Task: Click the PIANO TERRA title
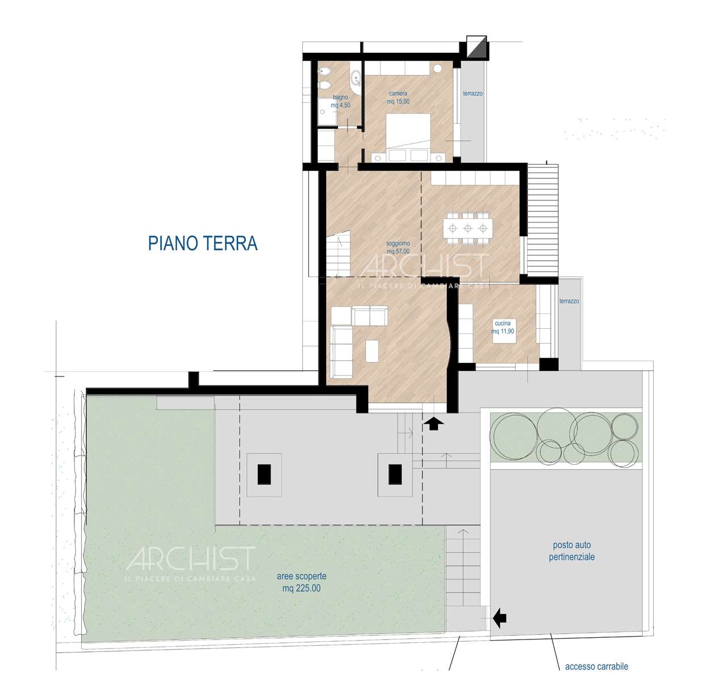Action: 203,243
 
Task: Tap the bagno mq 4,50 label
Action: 340,101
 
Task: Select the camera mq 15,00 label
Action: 398,98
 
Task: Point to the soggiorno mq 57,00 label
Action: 398,247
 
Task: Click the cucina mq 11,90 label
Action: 503,327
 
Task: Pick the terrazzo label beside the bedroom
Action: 473,93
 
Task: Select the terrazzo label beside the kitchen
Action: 569,301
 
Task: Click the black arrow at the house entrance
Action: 434,424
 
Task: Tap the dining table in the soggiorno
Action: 467,228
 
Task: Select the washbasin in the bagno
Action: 356,78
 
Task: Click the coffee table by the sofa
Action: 371,350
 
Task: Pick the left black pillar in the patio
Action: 264,474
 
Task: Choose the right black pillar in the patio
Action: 395,474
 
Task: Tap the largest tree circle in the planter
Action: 513,435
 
